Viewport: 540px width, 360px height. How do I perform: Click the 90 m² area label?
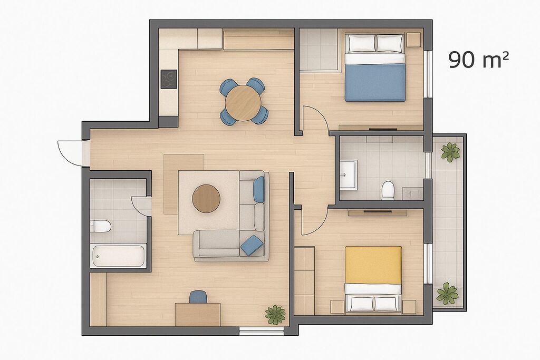pyautogui.click(x=478, y=60)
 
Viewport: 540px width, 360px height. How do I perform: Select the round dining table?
pyautogui.click(x=243, y=103)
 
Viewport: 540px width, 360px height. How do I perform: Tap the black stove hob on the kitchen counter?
pyautogui.click(x=169, y=80)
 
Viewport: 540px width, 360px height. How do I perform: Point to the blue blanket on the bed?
pyautogui.click(x=375, y=83)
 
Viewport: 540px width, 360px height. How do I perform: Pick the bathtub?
pyautogui.click(x=118, y=255)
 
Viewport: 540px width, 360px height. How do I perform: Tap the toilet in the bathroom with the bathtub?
pyautogui.click(x=101, y=227)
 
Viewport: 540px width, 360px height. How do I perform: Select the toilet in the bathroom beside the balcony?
pyautogui.click(x=388, y=190)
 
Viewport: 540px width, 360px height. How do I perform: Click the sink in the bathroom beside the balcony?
pyautogui.click(x=349, y=174)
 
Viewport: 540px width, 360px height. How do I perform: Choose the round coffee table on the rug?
pyautogui.click(x=206, y=199)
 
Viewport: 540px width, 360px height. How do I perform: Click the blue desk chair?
pyautogui.click(x=198, y=297)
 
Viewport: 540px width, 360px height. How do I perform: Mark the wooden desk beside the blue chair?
pyautogui.click(x=198, y=314)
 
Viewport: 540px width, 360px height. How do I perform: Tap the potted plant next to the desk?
pyautogui.click(x=275, y=314)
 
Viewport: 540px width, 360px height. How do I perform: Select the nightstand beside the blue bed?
pyautogui.click(x=413, y=40)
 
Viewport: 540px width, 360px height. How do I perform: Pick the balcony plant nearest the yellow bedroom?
pyautogui.click(x=447, y=294)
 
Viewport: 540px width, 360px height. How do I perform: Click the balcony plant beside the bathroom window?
pyautogui.click(x=450, y=152)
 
